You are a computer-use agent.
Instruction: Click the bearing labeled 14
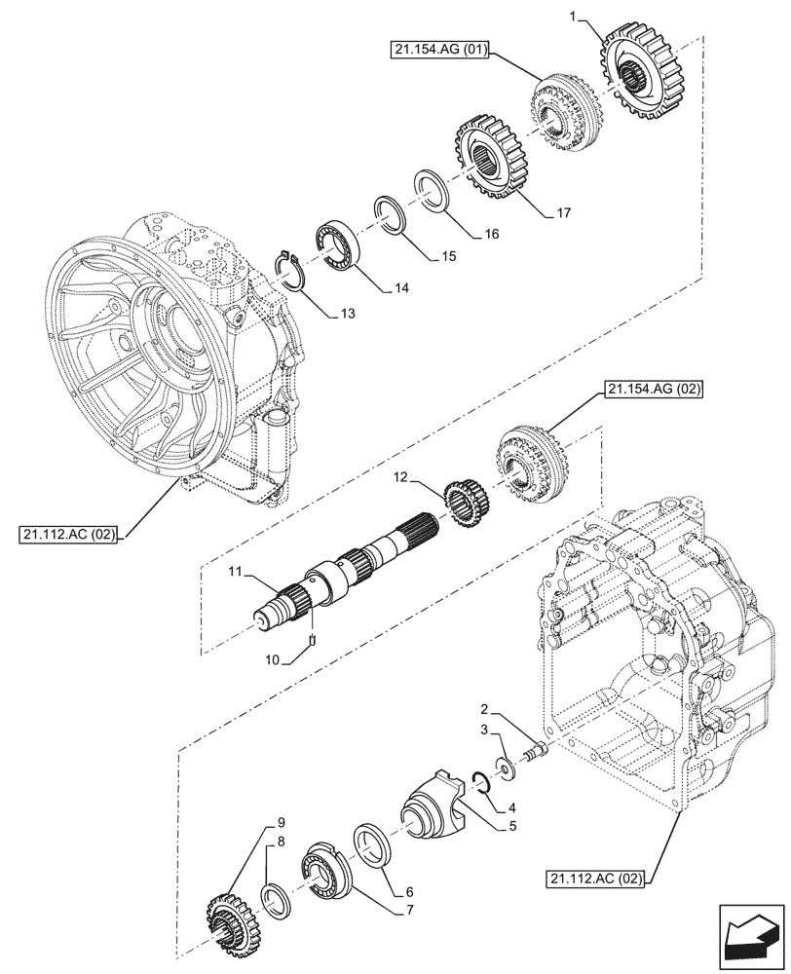336,244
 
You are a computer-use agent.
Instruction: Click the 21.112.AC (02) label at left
66,535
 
